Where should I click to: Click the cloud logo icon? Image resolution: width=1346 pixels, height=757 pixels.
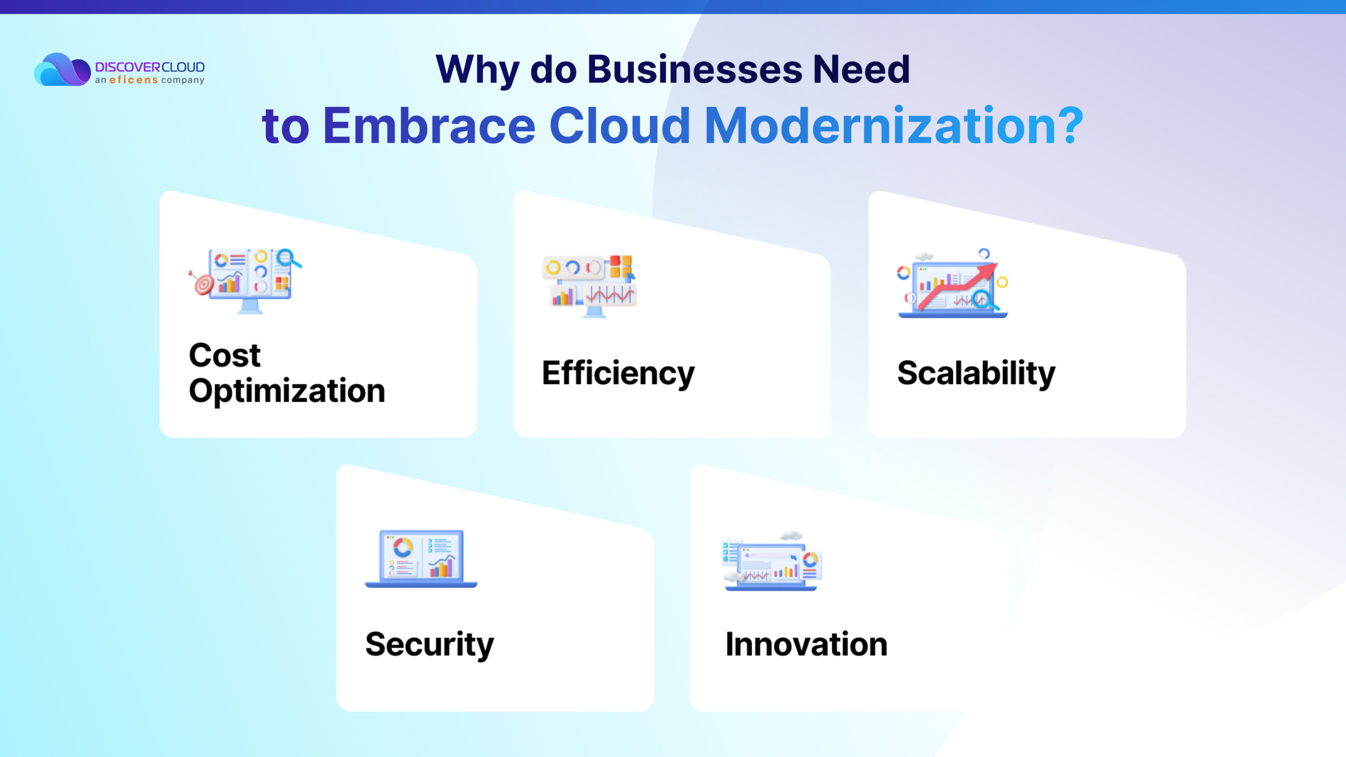point(62,69)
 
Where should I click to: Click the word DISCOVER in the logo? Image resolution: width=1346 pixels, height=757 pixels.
point(128,67)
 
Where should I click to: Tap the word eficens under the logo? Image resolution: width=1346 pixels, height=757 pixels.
point(134,80)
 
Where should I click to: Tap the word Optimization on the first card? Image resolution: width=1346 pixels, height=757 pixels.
point(287,391)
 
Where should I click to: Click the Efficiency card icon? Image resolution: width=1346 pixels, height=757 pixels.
point(589,286)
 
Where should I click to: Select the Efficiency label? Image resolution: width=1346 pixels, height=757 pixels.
point(618,373)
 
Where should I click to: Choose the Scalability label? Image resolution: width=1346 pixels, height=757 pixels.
point(976,373)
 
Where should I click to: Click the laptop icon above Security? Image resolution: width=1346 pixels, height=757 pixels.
point(421,558)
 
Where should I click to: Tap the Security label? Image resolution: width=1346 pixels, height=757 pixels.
point(430,645)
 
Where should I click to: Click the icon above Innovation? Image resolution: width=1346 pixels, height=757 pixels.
point(772,561)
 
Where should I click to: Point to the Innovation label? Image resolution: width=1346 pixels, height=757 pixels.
point(807,645)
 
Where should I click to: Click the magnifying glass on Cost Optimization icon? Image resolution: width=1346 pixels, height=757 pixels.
point(289,259)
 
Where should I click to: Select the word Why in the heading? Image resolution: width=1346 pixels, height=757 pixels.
point(478,70)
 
